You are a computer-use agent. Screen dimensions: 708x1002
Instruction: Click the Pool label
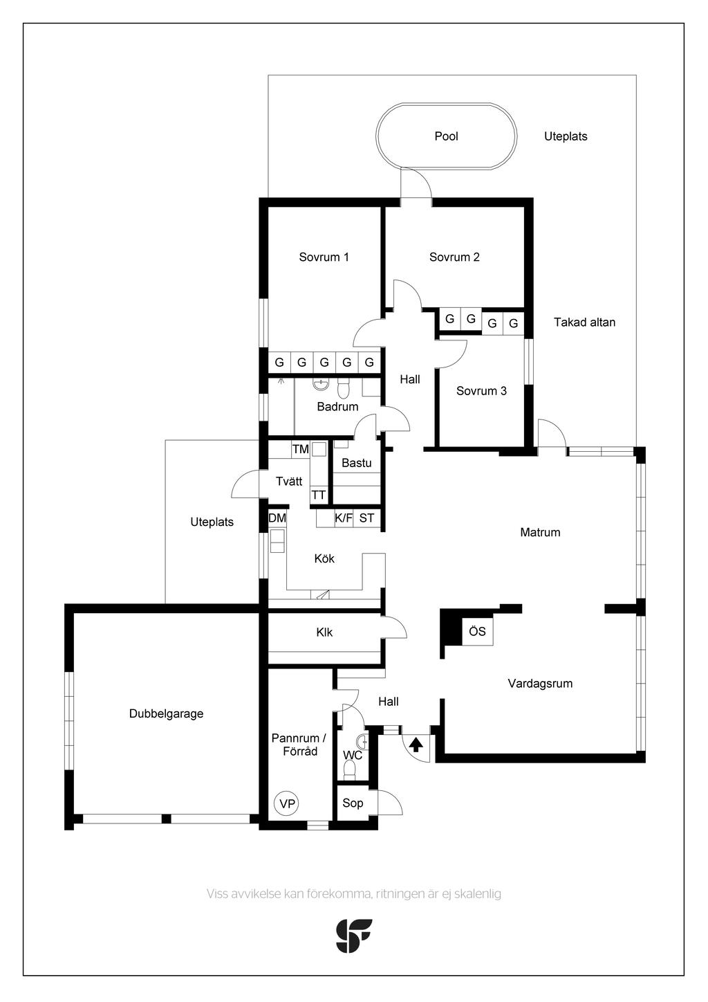[x=446, y=136]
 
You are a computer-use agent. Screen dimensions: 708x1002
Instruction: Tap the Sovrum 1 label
[x=324, y=257]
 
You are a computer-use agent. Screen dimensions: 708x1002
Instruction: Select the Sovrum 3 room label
[x=481, y=391]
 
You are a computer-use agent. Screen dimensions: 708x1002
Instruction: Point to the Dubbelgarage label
[x=166, y=713]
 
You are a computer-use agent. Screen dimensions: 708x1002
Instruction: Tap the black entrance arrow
[x=416, y=745]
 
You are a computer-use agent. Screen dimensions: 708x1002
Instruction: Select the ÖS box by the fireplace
[x=477, y=631]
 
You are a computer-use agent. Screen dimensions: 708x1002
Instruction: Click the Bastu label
[x=356, y=462]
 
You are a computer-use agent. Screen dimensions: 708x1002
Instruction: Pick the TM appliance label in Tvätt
[x=300, y=449]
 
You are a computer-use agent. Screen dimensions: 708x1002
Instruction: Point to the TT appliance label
[x=318, y=495]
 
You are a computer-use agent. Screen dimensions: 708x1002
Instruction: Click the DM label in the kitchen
[x=277, y=518]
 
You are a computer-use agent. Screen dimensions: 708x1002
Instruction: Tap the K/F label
[x=344, y=518]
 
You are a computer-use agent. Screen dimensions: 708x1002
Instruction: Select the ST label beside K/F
[x=366, y=518]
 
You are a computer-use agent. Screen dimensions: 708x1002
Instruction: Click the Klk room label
[x=324, y=632]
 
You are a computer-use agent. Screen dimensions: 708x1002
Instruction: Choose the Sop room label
[x=353, y=803]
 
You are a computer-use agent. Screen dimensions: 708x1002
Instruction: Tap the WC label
[x=352, y=755]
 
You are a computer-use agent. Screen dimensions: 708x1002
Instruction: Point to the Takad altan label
[x=584, y=322]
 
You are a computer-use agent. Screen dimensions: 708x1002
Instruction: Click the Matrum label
[x=540, y=532]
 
